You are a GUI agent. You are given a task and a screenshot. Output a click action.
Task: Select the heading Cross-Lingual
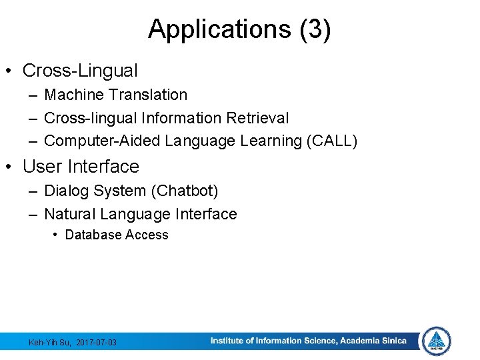click(80, 70)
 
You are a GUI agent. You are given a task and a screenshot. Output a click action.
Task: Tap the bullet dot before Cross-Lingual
click(11, 71)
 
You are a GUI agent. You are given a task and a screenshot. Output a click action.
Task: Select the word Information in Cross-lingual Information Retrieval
click(182, 118)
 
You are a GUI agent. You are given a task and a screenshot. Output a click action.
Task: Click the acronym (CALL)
click(333, 141)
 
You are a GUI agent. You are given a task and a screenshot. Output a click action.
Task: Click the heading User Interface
click(81, 166)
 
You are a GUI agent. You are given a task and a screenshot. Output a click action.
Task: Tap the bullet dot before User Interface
click(11, 167)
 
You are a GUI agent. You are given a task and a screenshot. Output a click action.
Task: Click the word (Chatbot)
click(185, 191)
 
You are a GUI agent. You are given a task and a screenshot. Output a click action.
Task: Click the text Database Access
click(117, 235)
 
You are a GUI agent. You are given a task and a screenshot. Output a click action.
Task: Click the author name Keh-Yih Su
click(50, 343)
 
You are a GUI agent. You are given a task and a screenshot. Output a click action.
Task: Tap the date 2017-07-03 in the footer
click(97, 343)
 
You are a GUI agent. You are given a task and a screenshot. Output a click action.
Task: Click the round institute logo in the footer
click(437, 341)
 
